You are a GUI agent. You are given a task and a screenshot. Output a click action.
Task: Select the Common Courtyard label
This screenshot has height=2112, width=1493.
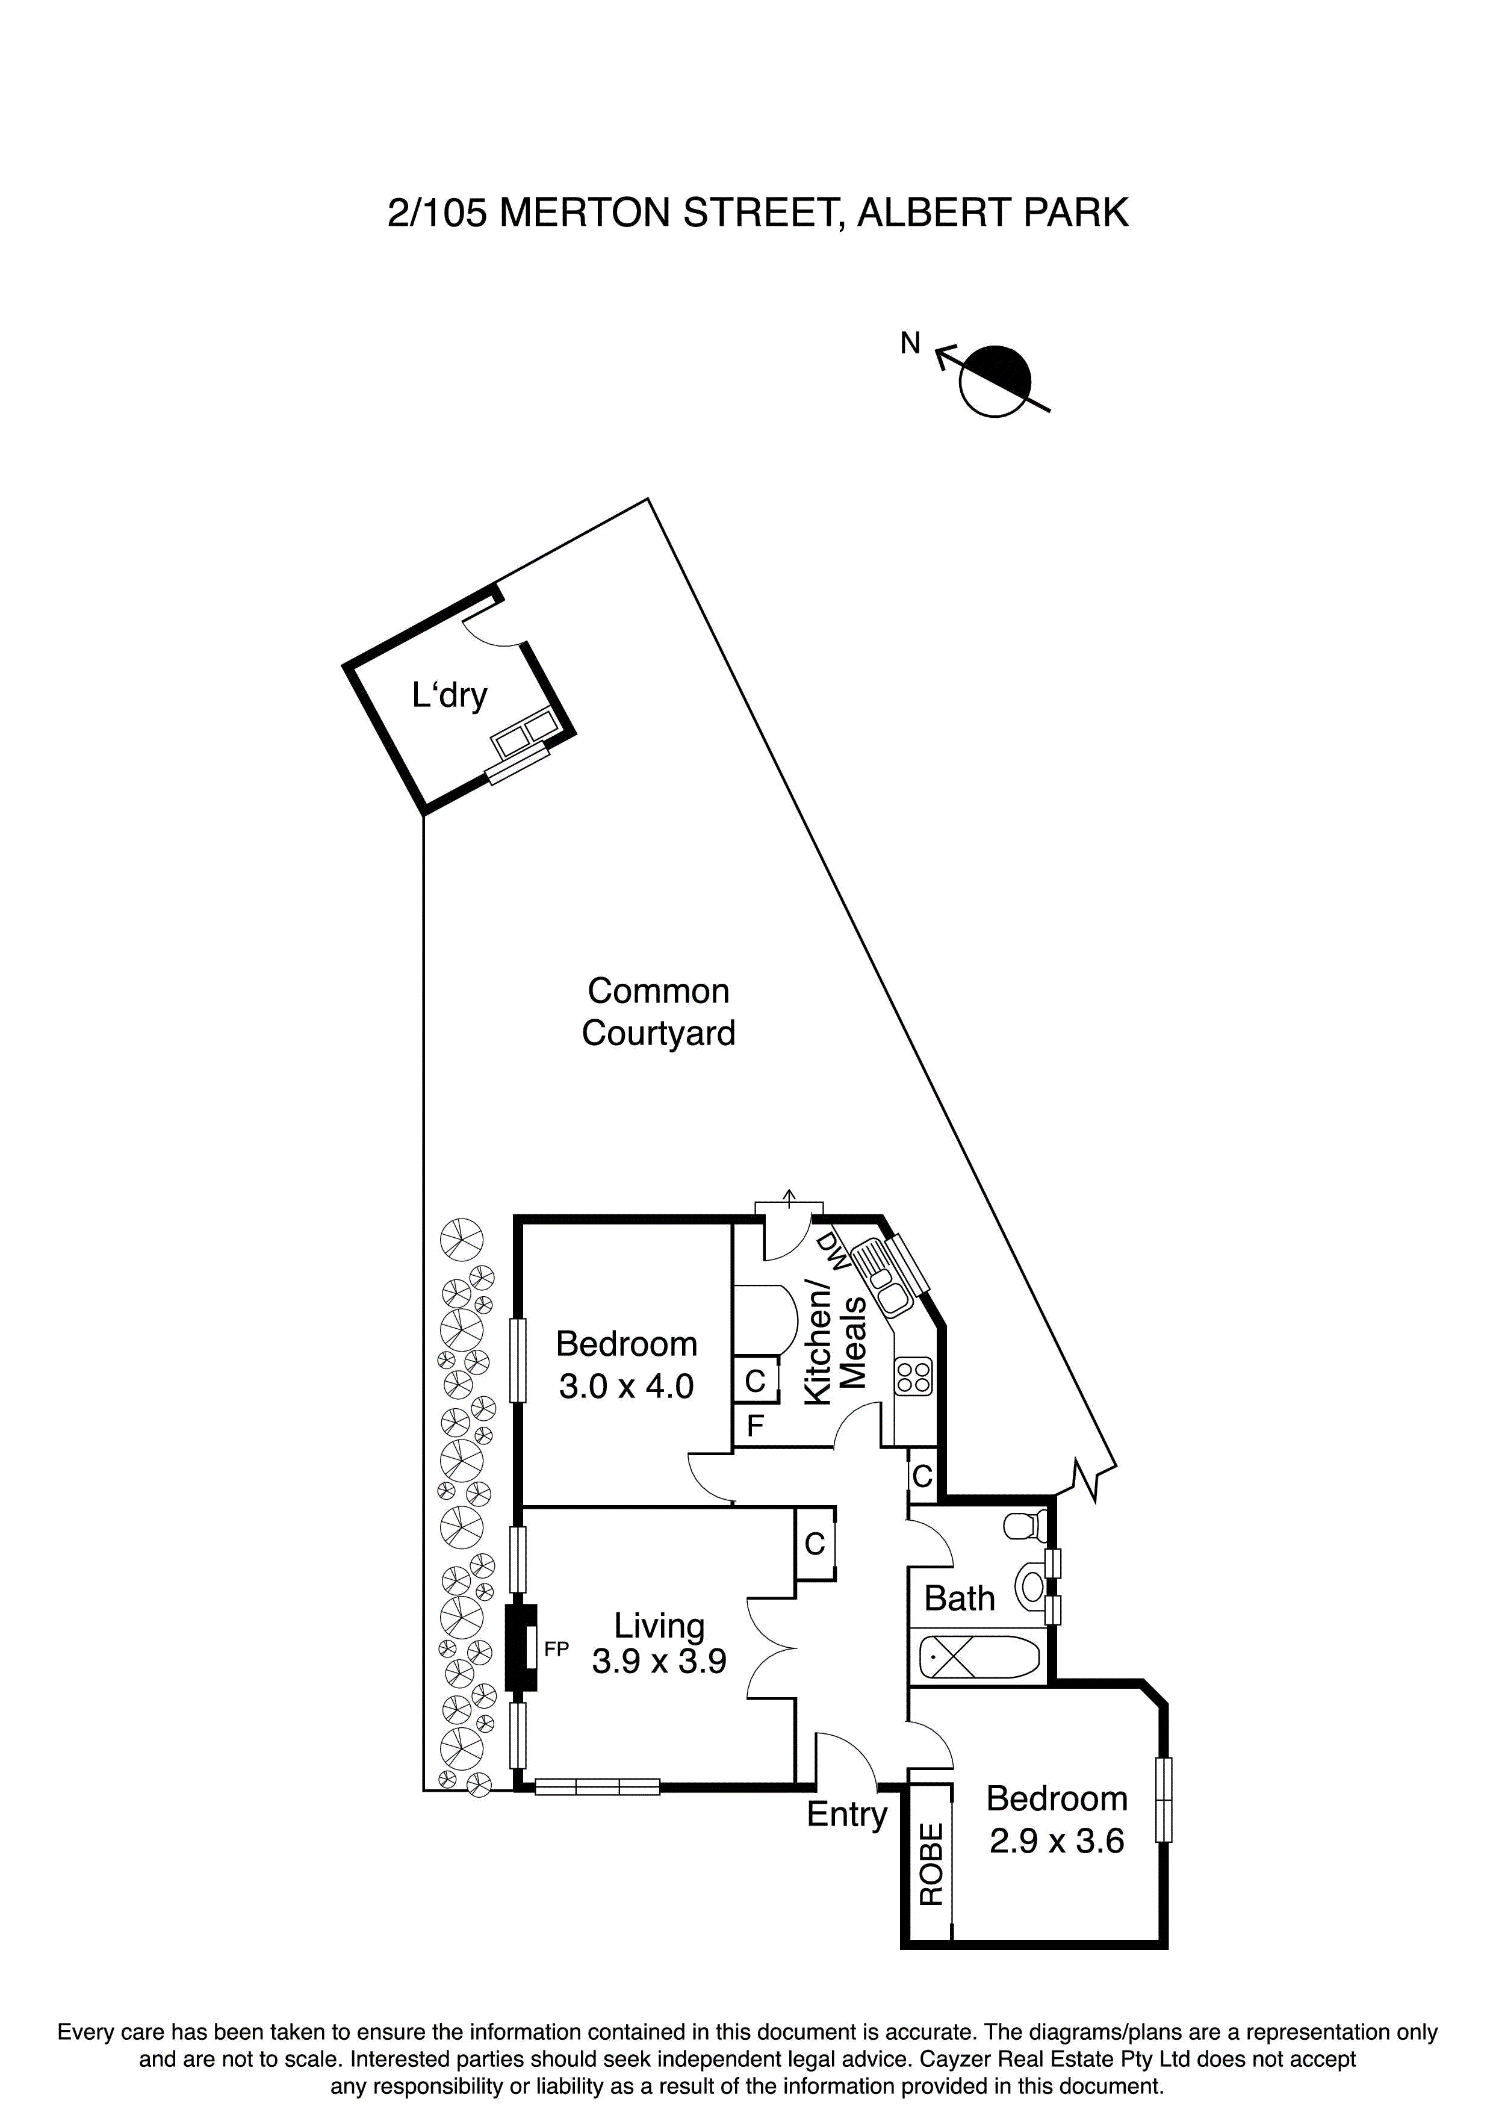658,1012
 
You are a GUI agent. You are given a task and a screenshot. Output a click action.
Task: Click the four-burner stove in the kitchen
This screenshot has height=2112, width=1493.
914,1377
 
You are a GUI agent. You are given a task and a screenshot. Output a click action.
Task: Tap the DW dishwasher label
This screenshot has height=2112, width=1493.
833,1251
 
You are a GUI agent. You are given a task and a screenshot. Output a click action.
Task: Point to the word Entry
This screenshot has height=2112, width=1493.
846,1815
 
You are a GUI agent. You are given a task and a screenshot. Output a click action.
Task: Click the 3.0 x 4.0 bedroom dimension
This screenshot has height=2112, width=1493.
627,1387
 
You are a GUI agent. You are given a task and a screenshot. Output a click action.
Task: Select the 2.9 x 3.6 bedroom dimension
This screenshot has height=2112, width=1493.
1057,1842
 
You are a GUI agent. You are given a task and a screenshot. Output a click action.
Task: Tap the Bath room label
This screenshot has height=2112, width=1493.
960,1598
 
